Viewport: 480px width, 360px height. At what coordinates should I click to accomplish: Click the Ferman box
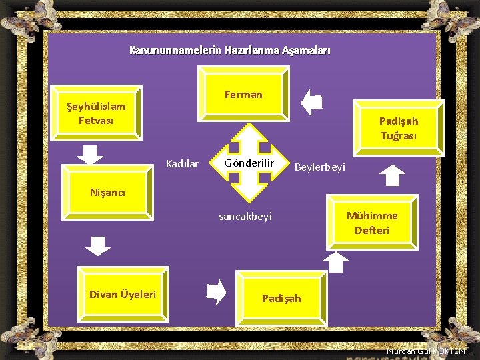(x=243, y=94)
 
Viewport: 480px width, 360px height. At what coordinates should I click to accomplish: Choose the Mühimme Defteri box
(x=372, y=223)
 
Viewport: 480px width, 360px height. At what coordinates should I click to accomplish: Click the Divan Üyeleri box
(x=123, y=294)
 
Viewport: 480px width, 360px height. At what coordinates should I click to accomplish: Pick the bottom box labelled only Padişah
(x=281, y=298)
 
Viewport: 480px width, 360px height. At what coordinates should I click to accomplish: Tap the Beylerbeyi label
(x=320, y=167)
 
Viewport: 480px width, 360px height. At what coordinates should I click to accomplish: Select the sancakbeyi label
(x=245, y=217)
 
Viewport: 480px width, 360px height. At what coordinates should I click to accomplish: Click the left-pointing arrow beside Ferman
(x=311, y=103)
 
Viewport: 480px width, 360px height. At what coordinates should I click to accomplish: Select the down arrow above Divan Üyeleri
(x=99, y=245)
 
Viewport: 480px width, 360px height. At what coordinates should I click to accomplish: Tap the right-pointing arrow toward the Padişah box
(x=217, y=291)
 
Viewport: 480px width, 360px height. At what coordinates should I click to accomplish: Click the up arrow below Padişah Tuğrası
(x=393, y=175)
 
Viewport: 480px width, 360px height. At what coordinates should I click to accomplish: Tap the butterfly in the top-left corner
(x=19, y=15)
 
